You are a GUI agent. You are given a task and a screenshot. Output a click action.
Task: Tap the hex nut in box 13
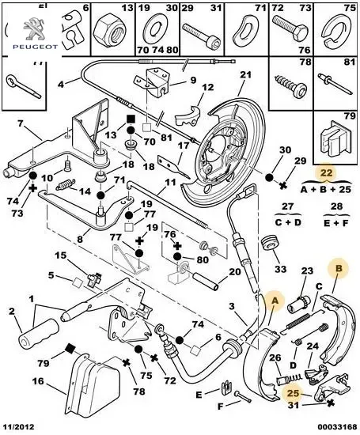pos(110,32)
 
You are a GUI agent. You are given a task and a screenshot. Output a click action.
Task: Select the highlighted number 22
pos(326,173)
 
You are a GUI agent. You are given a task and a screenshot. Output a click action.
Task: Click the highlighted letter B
pos(339,268)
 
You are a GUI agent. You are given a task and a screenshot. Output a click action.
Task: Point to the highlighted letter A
pos(275,301)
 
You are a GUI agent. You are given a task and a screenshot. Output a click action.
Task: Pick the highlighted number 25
pos(294,393)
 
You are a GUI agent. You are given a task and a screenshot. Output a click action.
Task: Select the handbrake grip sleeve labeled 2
pos(39,333)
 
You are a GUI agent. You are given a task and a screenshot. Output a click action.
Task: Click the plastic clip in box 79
pos(335,138)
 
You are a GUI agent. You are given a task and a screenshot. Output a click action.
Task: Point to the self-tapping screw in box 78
pos(290,84)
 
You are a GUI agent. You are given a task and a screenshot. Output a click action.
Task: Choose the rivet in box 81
pos(336,84)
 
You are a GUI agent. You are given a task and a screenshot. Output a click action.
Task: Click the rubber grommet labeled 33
pos(270,244)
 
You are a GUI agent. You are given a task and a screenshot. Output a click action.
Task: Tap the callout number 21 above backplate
pos(245,75)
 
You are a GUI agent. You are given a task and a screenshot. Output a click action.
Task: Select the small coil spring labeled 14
pos(65,184)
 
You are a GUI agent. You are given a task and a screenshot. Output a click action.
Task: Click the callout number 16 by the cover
pos(38,381)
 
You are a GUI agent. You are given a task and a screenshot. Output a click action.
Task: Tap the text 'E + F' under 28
pos(335,223)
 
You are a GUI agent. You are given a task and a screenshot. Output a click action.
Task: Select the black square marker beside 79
pos(70,348)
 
